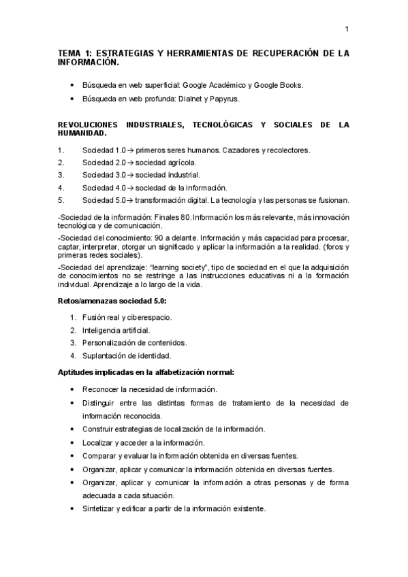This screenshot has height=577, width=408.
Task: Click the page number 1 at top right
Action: coord(347,29)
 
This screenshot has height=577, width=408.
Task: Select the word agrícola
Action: coord(178,162)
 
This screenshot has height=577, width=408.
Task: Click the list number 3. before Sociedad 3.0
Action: coord(61,174)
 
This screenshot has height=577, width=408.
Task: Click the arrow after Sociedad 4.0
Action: coord(131,187)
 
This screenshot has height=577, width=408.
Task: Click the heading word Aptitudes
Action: coord(76,372)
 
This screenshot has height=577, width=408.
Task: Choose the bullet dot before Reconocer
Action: coord(72,389)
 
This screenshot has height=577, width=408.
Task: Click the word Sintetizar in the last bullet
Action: coord(98,508)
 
